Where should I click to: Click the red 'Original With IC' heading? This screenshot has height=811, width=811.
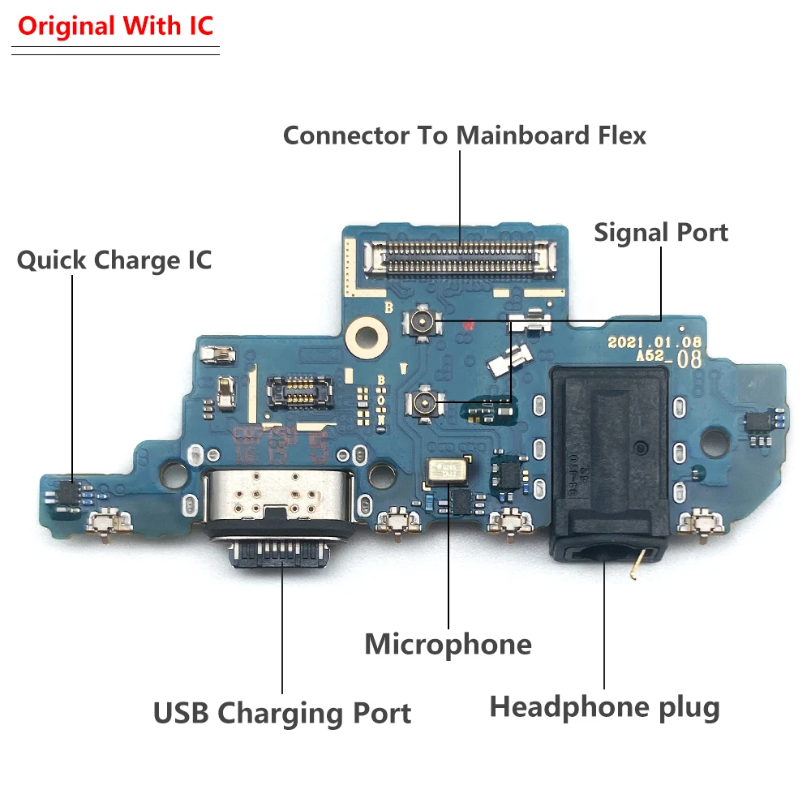pos(115,26)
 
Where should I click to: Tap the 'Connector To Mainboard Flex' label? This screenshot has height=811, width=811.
pos(464,135)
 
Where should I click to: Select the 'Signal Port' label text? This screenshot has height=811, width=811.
pos(660,232)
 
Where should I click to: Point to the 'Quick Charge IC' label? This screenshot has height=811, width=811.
pos(114,260)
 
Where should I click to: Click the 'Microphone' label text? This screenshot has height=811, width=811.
pos(448,644)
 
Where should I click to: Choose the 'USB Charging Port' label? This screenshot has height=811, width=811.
pos(282,714)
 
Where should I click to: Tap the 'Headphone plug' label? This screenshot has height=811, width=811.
pos(604,707)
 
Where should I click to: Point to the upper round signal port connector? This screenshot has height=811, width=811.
pos(423,323)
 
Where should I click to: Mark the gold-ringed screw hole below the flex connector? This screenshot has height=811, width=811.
pos(366,332)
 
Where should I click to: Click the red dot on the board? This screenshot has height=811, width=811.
pos(468,326)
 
